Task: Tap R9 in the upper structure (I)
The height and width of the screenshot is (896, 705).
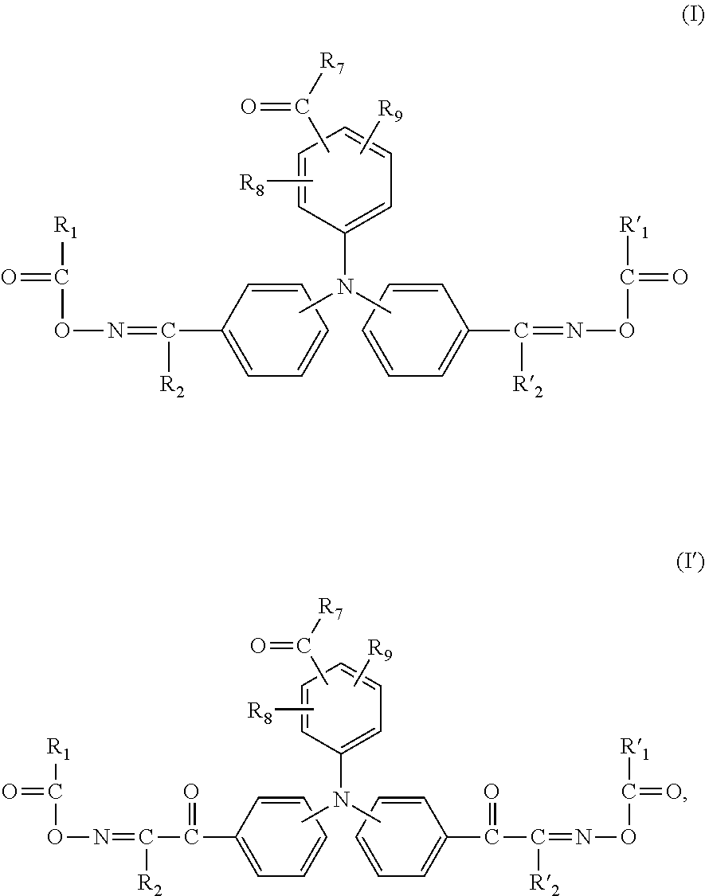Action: coord(390,111)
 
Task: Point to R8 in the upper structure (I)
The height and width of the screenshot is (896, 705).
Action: coord(253,185)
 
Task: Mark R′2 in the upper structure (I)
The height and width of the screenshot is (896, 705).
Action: coord(527,386)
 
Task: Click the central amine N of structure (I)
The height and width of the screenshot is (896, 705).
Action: coord(344,286)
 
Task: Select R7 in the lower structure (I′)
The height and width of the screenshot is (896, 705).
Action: coord(331,609)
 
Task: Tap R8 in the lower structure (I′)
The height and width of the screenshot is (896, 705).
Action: coord(260,711)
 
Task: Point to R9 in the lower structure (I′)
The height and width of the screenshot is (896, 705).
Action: coord(380,650)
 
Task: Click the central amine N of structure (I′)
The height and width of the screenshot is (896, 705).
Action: coord(342,798)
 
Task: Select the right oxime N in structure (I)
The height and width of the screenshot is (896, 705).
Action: coord(574,331)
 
